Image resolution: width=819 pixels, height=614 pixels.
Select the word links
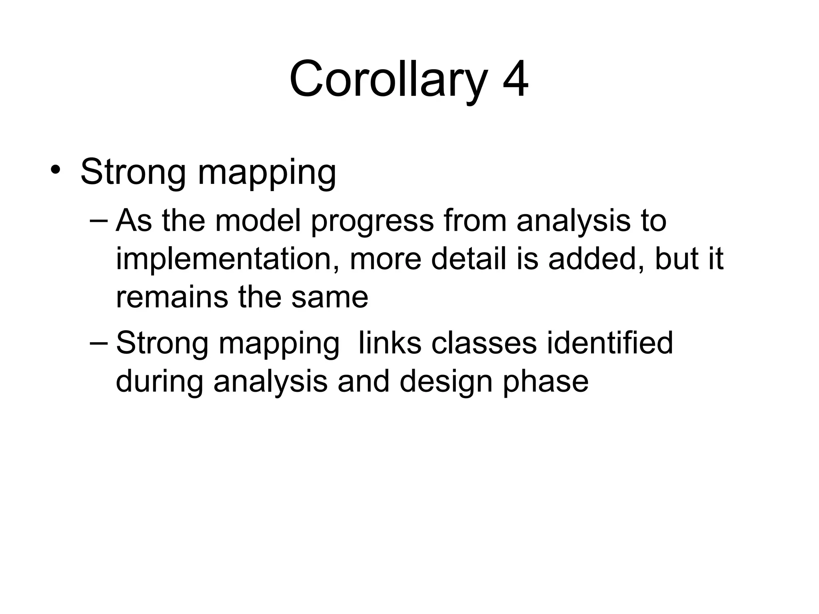pos(390,343)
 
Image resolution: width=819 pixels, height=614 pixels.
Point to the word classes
pos(484,343)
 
